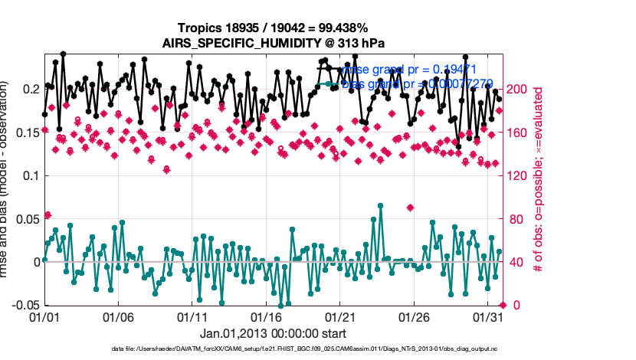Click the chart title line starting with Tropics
(273, 28)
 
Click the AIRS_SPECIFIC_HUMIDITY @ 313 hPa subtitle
(273, 43)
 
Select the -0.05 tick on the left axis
(24, 305)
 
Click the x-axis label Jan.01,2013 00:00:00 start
(273, 333)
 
